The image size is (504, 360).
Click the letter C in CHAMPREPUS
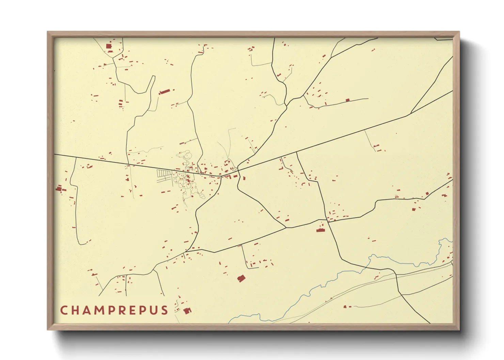click(x=63, y=310)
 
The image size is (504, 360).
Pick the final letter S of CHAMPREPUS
click(x=165, y=310)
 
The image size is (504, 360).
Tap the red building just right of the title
click(x=187, y=310)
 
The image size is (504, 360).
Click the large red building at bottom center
click(x=241, y=279)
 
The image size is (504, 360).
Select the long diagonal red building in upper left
click(x=165, y=92)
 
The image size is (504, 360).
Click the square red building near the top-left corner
click(x=109, y=46)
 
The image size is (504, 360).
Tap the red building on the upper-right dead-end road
click(x=347, y=100)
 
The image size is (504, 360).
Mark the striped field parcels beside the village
click(x=164, y=174)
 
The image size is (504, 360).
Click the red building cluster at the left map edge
click(x=59, y=189)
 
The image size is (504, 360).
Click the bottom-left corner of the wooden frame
click(x=48, y=329)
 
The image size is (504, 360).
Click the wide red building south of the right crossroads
click(x=320, y=230)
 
